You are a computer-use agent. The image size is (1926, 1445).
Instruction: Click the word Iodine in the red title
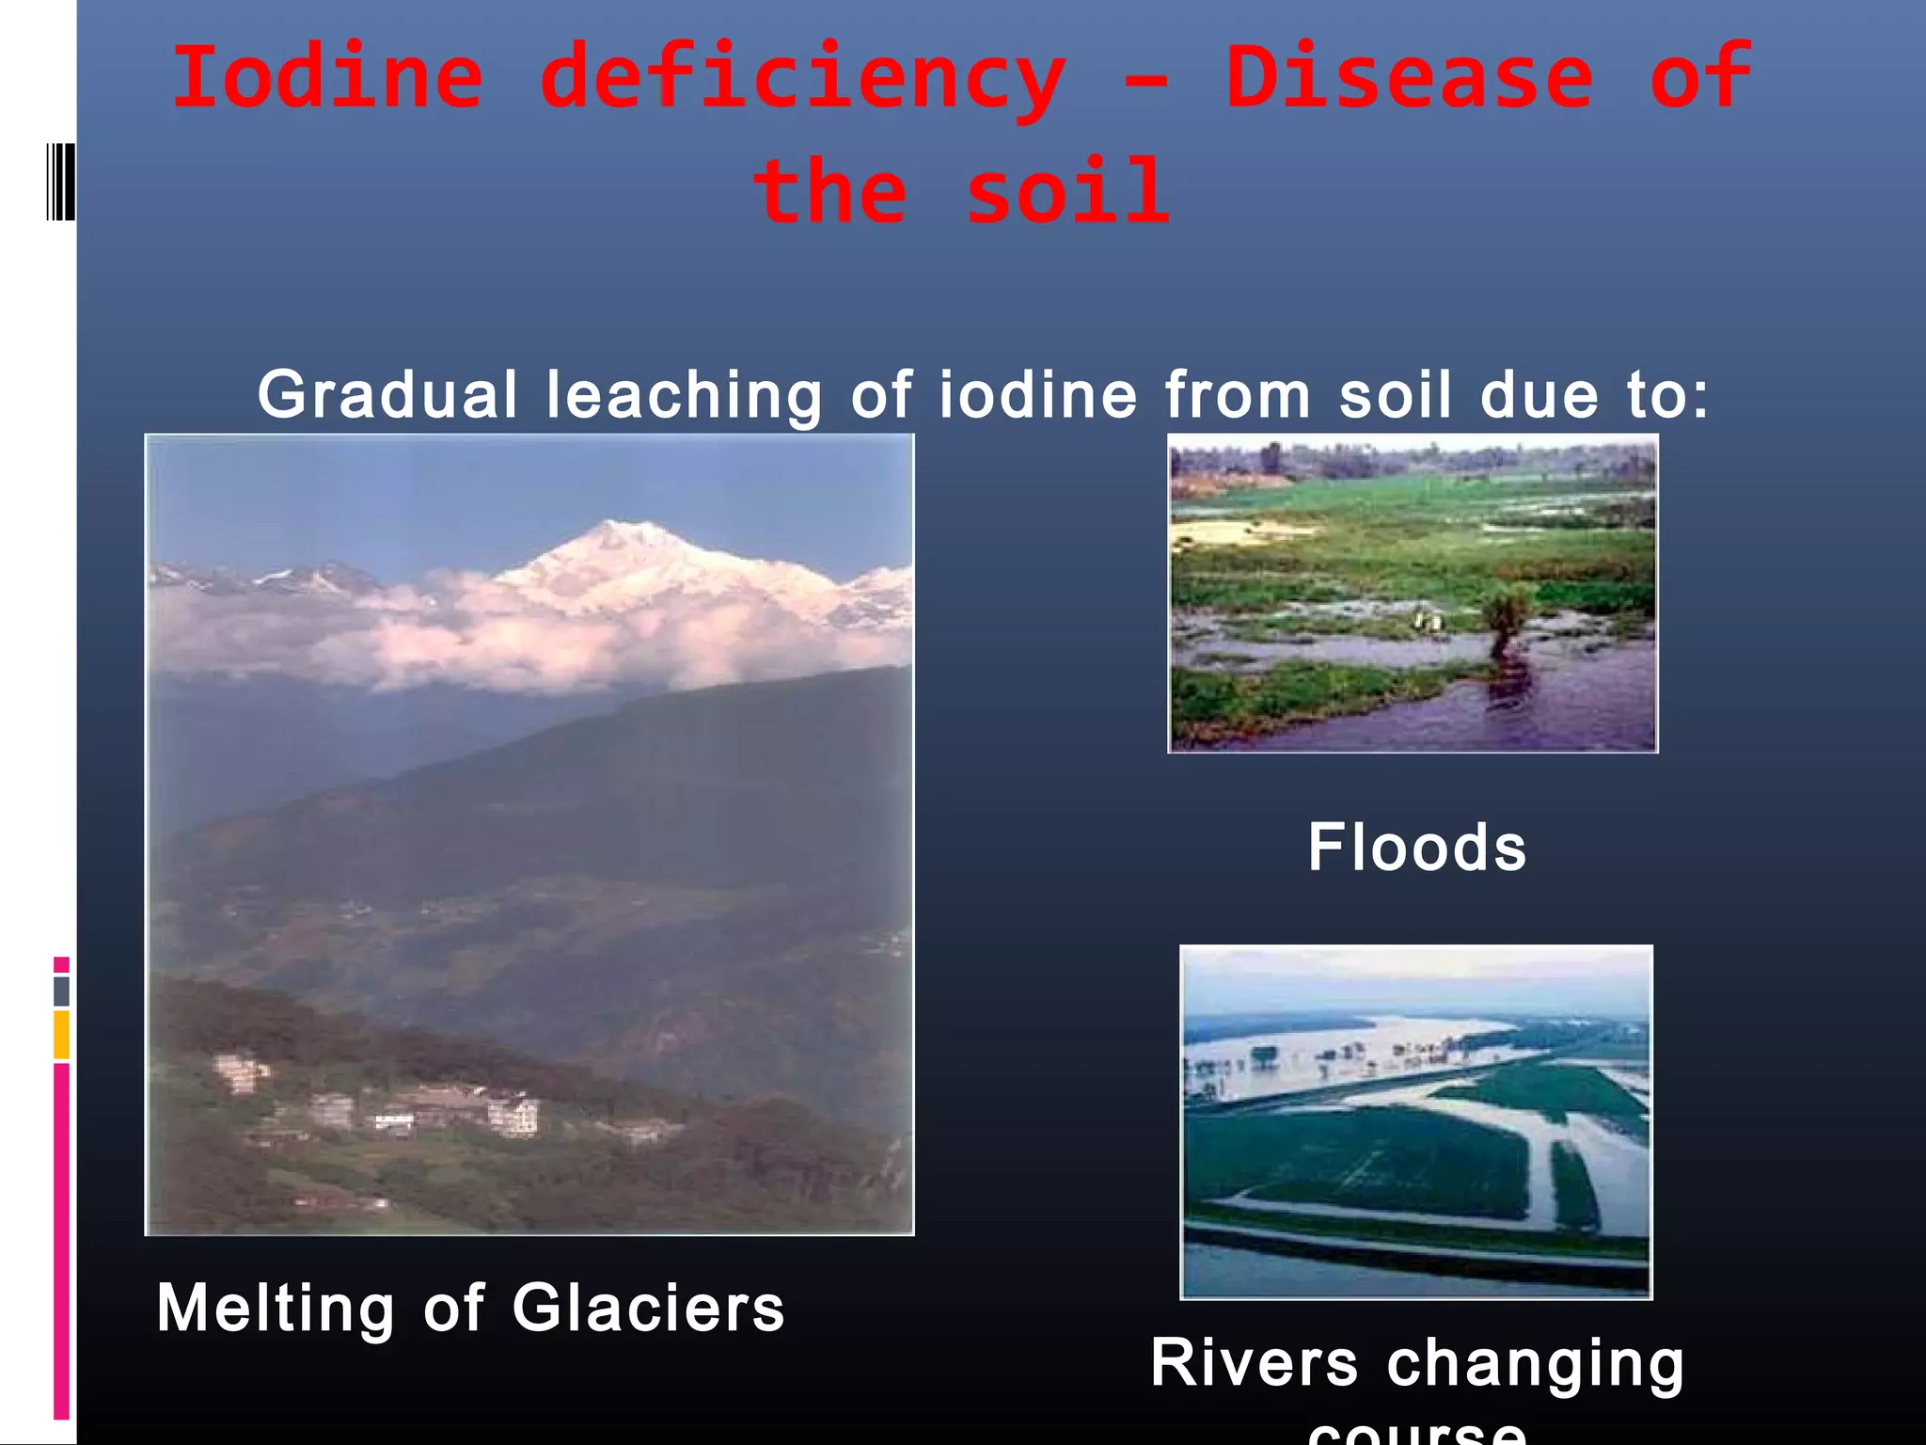[x=327, y=77]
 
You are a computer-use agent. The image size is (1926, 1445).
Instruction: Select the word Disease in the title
[x=1409, y=77]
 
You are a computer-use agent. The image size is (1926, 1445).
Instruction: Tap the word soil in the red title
[x=1068, y=192]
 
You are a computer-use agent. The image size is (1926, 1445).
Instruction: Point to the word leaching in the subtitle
[x=685, y=395]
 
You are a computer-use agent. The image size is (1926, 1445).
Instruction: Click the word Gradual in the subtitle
[x=387, y=395]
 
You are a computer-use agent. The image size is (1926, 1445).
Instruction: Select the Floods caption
[x=1416, y=848]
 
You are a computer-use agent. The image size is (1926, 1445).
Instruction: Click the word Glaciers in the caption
[x=648, y=1309]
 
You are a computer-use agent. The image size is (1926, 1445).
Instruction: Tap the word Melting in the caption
[x=276, y=1309]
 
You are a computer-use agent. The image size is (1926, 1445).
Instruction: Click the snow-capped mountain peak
[x=621, y=546]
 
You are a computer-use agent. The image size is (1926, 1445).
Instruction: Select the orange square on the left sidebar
[x=61, y=1034]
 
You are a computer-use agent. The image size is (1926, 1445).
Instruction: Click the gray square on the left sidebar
[x=61, y=991]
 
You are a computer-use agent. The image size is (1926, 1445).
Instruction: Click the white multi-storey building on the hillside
[x=513, y=1116]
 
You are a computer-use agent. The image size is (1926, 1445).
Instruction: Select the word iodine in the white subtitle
[x=1037, y=395]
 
